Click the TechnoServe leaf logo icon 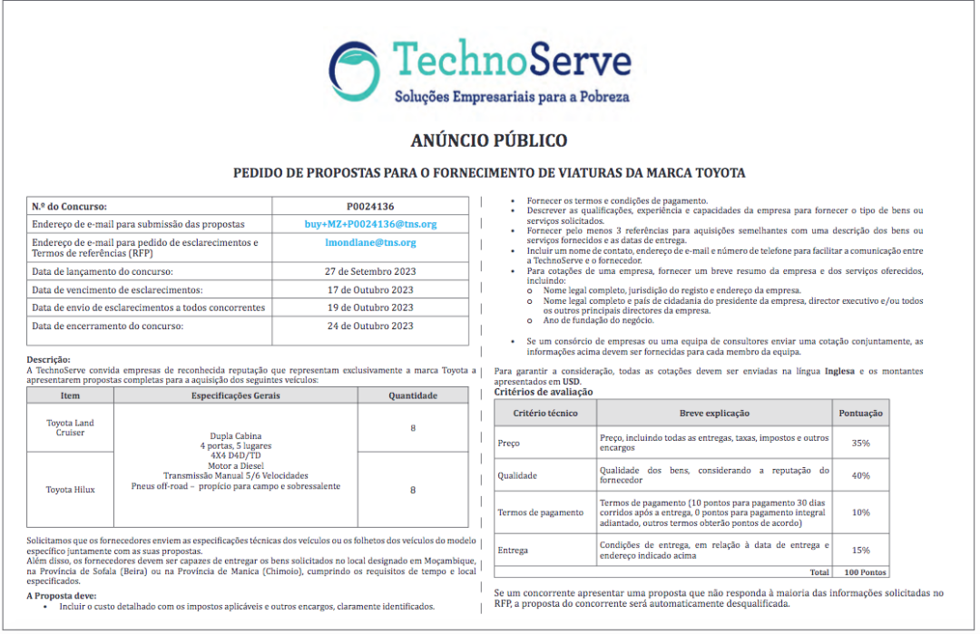coord(355,66)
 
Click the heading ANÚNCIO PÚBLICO coord(489,141)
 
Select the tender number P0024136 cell coord(370,207)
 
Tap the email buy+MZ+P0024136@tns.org coord(370,224)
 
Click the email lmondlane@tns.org coord(370,243)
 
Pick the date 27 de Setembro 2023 coord(370,271)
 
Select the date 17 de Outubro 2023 coord(370,289)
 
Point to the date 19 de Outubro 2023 coord(370,307)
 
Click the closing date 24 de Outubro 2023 coord(370,327)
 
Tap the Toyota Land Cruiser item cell coord(70,428)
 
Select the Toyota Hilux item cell coord(70,490)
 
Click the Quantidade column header coord(413,395)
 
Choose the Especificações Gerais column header coord(236,395)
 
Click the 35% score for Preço coord(860,444)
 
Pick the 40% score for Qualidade coord(860,475)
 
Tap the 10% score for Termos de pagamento coord(860,512)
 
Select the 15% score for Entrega coord(860,550)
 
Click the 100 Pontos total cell coord(865,572)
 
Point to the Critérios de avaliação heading coord(544,392)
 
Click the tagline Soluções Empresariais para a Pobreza coord(511,97)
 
